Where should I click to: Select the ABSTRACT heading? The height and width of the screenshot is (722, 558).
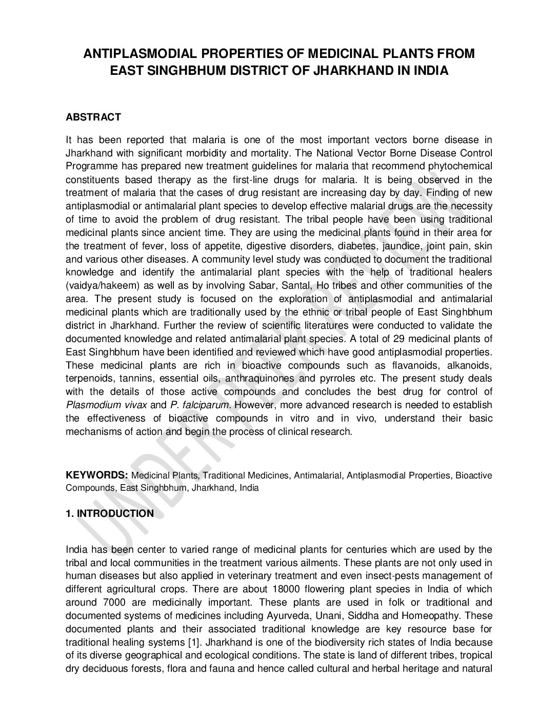(x=93, y=117)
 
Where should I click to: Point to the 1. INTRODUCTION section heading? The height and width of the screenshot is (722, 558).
(x=110, y=513)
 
